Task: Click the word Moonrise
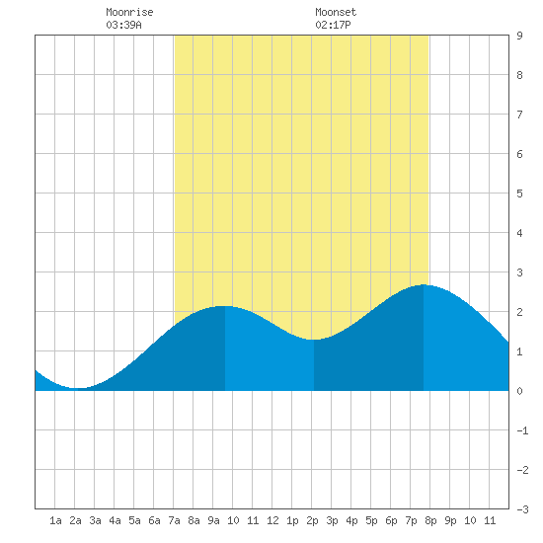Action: (x=129, y=12)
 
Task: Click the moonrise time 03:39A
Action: (x=123, y=25)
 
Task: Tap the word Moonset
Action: (x=336, y=12)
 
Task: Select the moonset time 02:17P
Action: (x=333, y=25)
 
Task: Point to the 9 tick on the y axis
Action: (x=519, y=36)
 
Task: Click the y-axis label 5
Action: (x=519, y=194)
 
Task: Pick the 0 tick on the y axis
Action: (x=519, y=391)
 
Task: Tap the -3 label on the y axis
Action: (x=522, y=509)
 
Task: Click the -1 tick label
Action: (x=522, y=430)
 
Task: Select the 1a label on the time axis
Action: (x=55, y=520)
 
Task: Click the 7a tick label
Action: (x=174, y=520)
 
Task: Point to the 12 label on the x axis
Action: (x=272, y=520)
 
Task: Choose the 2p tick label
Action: (x=312, y=520)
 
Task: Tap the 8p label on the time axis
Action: (x=430, y=520)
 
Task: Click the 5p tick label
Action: (x=371, y=520)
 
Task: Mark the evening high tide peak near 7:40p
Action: (x=424, y=284)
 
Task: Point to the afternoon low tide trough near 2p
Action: (x=314, y=340)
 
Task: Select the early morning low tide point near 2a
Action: (x=78, y=388)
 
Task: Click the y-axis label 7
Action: (x=519, y=115)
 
